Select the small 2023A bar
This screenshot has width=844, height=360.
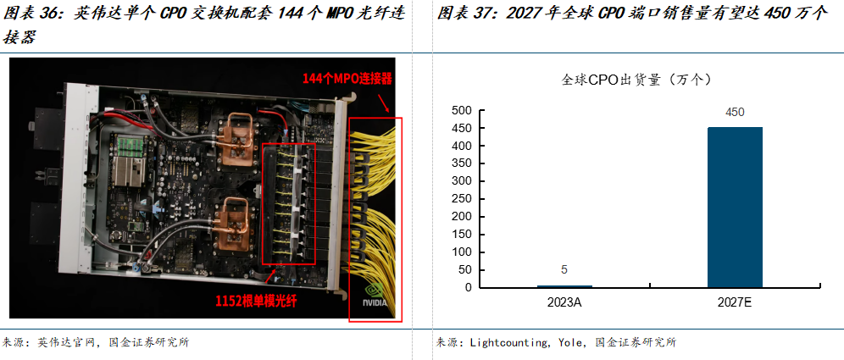(x=564, y=285)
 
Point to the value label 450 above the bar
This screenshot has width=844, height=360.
(x=735, y=112)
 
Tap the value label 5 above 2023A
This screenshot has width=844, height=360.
(x=564, y=270)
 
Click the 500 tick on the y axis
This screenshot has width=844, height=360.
(x=461, y=110)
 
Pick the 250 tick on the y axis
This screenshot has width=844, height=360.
(x=461, y=199)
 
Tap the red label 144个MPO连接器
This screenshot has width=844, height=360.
(x=347, y=79)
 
